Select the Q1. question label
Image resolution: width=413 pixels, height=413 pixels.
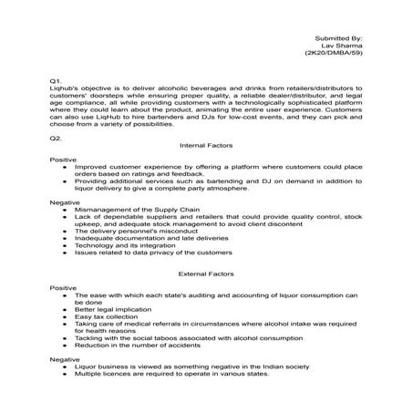click(57, 81)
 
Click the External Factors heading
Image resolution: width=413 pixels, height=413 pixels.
click(206, 273)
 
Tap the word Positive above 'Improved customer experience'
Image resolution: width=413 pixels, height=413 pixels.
click(64, 160)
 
